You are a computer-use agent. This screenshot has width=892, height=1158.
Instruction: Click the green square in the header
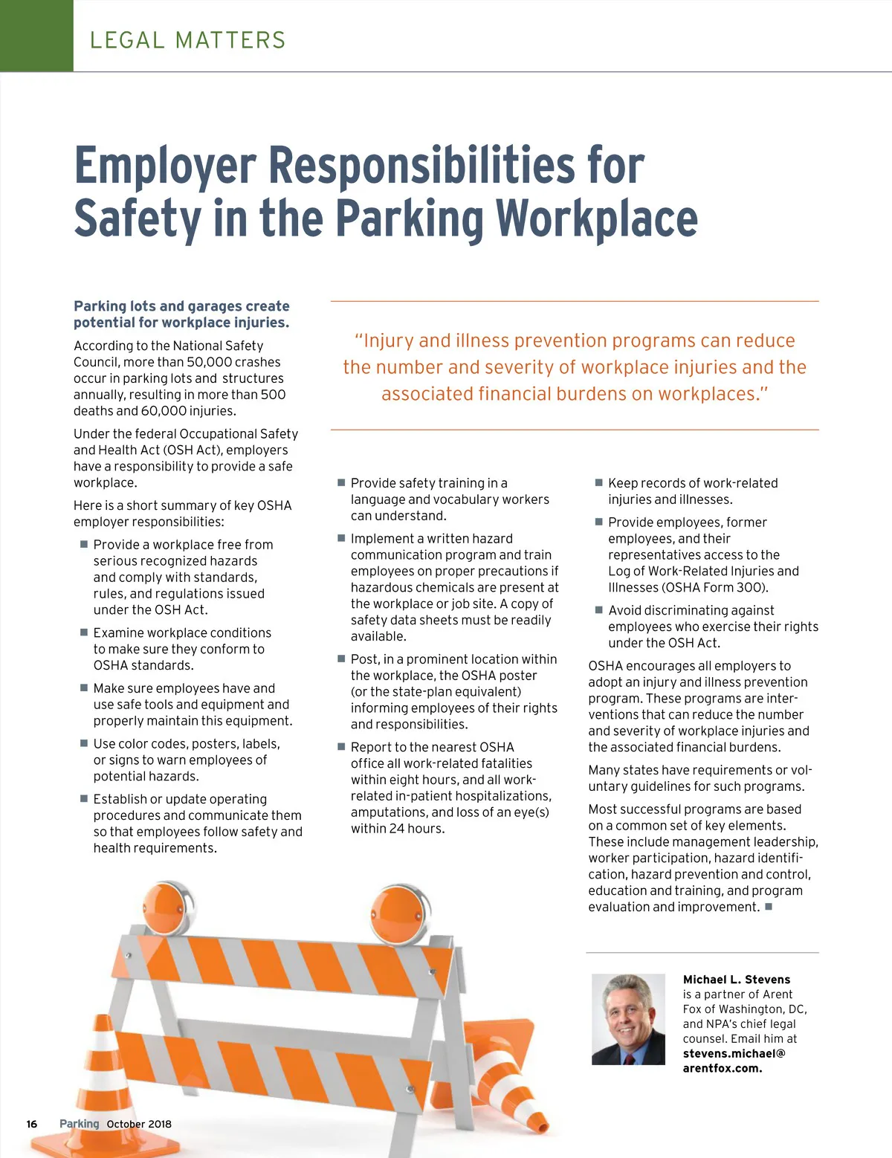[x=36, y=36]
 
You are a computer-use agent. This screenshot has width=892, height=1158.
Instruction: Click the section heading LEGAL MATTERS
[x=187, y=40]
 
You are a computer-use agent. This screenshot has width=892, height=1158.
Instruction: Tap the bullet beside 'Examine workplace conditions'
[x=84, y=632]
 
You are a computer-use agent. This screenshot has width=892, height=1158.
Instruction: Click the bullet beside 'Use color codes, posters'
[x=84, y=743]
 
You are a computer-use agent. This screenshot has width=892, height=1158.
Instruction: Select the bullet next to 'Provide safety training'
[x=341, y=482]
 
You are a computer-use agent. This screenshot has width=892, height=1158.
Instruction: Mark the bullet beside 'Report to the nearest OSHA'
[x=341, y=746]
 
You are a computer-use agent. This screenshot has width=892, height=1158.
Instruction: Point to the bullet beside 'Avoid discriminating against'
[x=598, y=609]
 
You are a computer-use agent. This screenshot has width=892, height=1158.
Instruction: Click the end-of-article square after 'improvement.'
[x=769, y=906]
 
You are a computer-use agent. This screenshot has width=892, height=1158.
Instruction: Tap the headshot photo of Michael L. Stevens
[x=628, y=1019]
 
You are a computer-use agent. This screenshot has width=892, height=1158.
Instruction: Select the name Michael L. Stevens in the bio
[x=736, y=980]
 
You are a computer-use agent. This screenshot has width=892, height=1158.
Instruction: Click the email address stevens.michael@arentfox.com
[x=734, y=1061]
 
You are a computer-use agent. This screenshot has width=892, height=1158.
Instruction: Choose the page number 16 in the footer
[x=32, y=1124]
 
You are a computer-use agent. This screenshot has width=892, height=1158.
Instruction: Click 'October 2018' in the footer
[x=139, y=1124]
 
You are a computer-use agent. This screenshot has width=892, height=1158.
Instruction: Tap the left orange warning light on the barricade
[x=165, y=908]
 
